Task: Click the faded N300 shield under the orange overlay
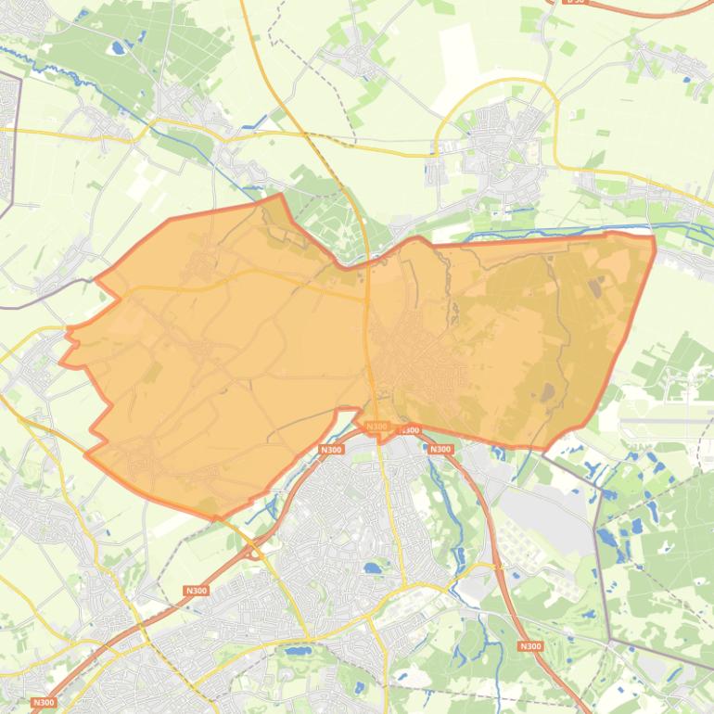(376, 427)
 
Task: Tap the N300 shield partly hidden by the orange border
(409, 430)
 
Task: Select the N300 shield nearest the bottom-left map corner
(44, 703)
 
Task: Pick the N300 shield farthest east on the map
(529, 646)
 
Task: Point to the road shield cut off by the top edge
(576, 2)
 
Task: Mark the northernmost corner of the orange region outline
(280, 195)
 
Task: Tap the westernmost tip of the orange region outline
(61, 363)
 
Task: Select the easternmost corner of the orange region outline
(655, 239)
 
